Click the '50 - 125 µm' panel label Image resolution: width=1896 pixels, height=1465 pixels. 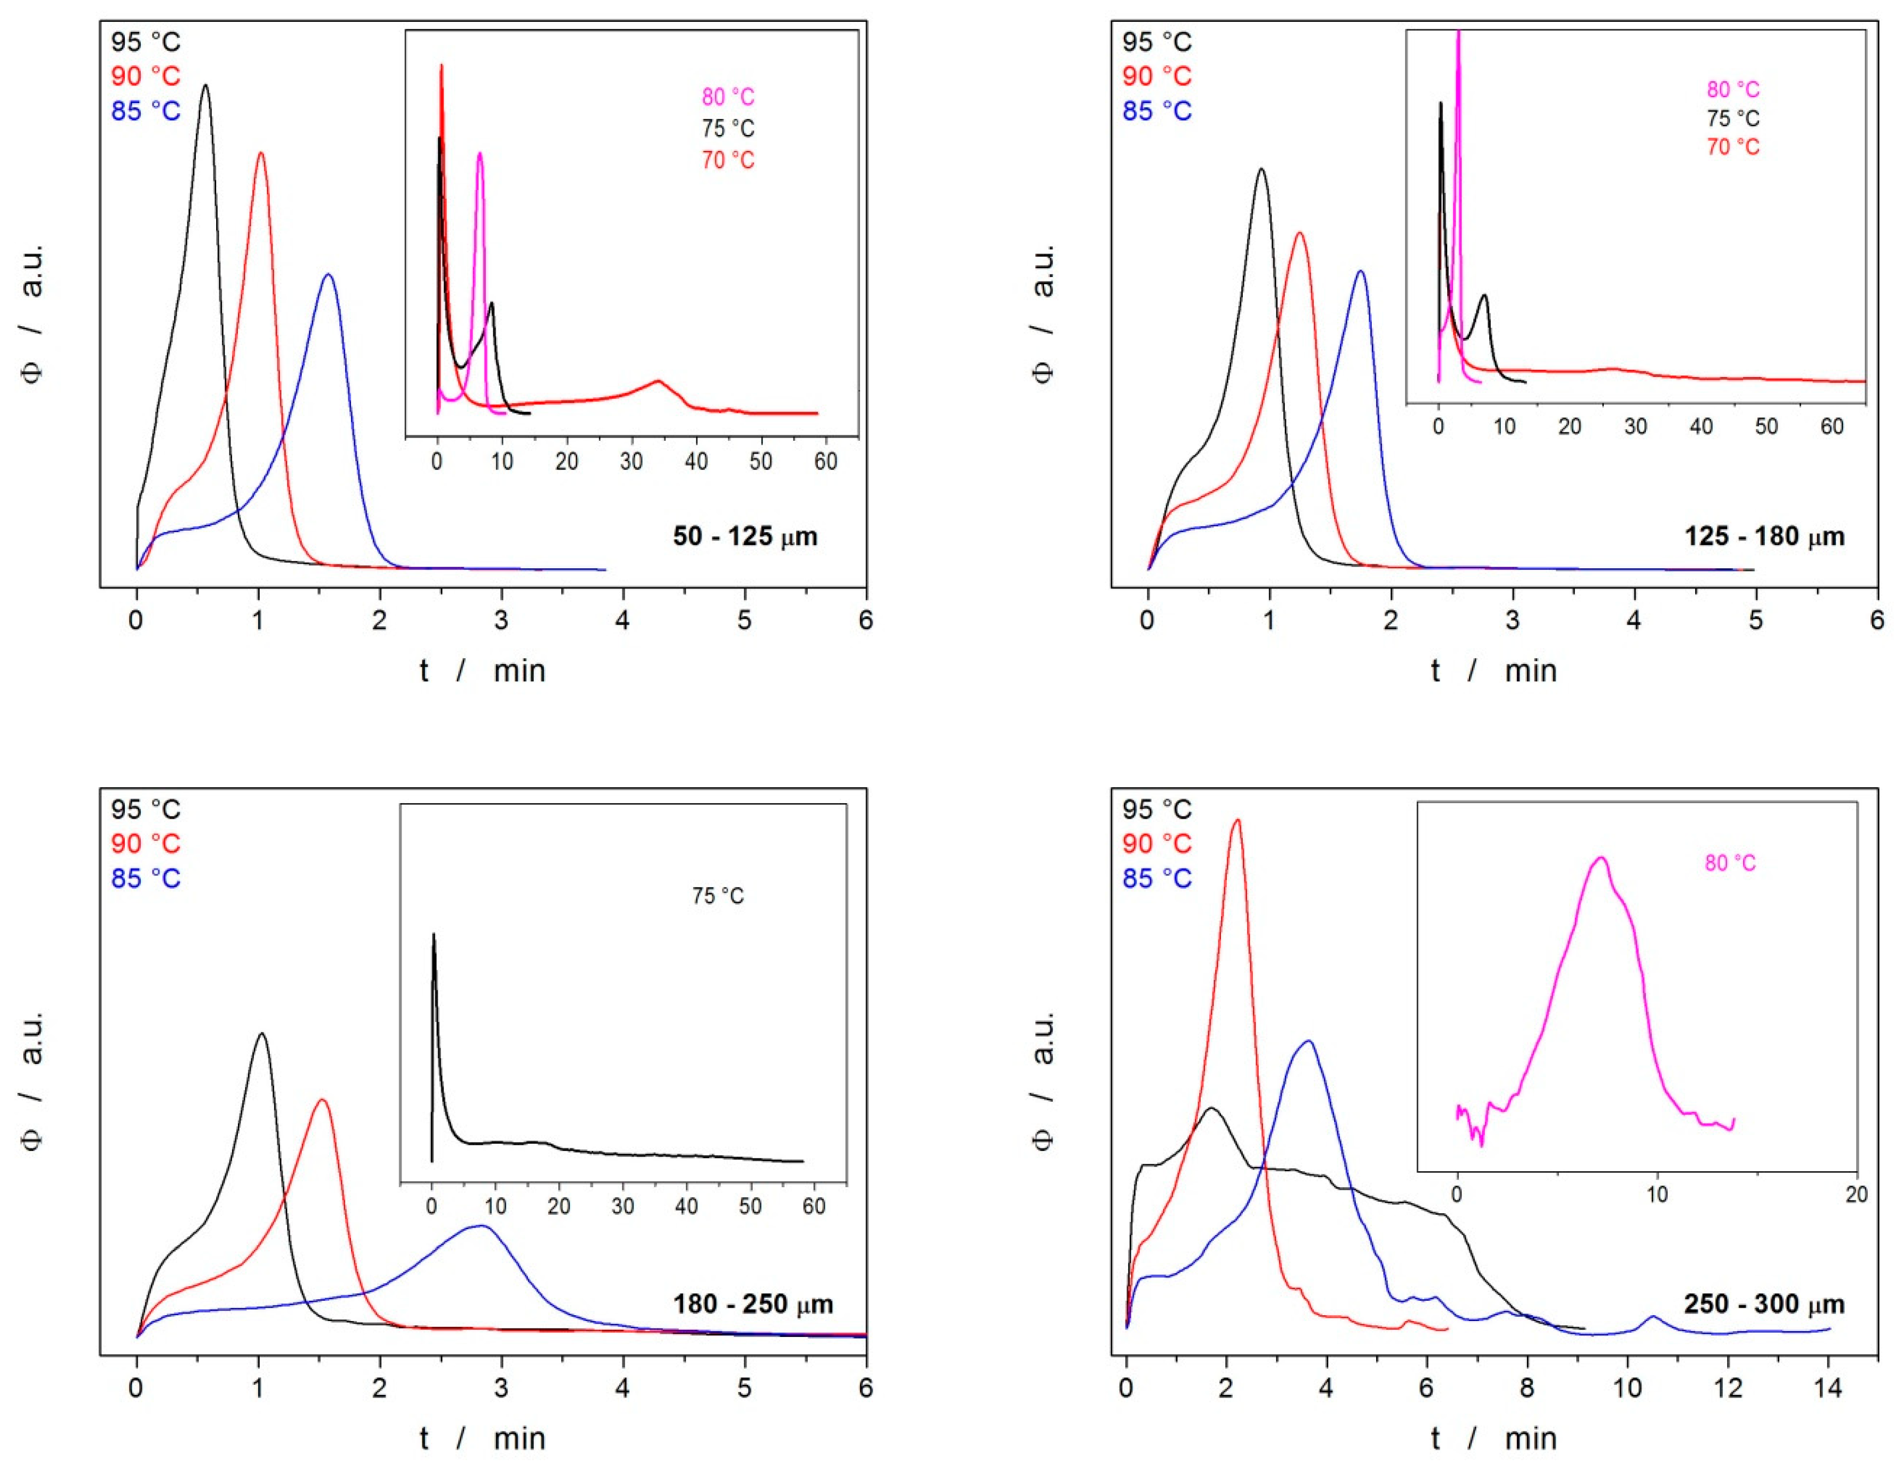pos(745,536)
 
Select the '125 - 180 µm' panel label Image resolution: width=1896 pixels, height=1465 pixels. pos(1764,536)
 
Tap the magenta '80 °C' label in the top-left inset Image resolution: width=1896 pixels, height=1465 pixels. pos(728,96)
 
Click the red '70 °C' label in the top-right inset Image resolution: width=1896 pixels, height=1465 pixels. pos(1733,147)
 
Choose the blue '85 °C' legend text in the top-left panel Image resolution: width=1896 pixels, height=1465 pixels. pos(146,111)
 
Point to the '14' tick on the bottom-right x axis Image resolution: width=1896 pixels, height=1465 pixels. pos(1828,1387)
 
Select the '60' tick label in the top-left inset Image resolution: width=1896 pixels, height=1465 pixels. pos(826,461)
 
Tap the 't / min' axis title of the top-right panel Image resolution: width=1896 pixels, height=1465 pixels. pos(1494,670)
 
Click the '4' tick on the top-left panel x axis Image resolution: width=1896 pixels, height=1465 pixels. pos(622,620)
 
